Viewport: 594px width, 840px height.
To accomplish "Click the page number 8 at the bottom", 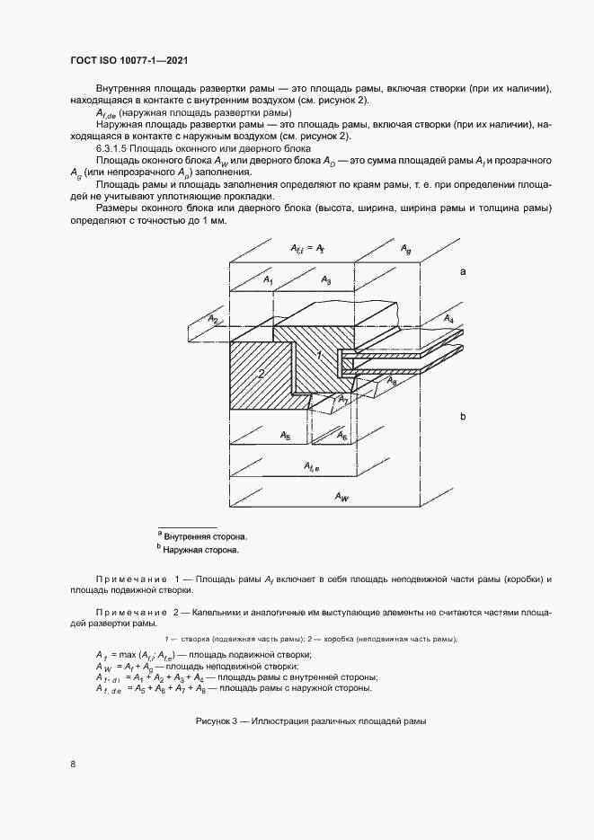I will (73, 764).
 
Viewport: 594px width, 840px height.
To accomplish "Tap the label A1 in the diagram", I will (268, 282).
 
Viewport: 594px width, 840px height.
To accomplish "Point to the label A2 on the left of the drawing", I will (213, 319).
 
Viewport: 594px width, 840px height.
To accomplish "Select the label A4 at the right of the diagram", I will (448, 320).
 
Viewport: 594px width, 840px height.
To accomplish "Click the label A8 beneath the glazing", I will (392, 382).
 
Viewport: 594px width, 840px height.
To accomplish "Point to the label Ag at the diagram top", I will (406, 247).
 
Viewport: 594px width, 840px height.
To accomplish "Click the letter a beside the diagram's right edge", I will (463, 270).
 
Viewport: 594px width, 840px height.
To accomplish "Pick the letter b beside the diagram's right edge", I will (463, 417).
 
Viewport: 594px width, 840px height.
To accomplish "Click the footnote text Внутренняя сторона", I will (205, 536).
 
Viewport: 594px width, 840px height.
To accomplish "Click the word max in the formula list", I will (131, 656).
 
